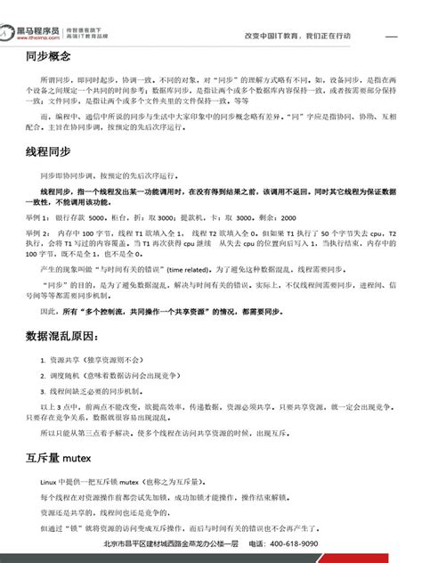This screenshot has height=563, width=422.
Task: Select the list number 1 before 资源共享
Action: pyautogui.click(x=43, y=360)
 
